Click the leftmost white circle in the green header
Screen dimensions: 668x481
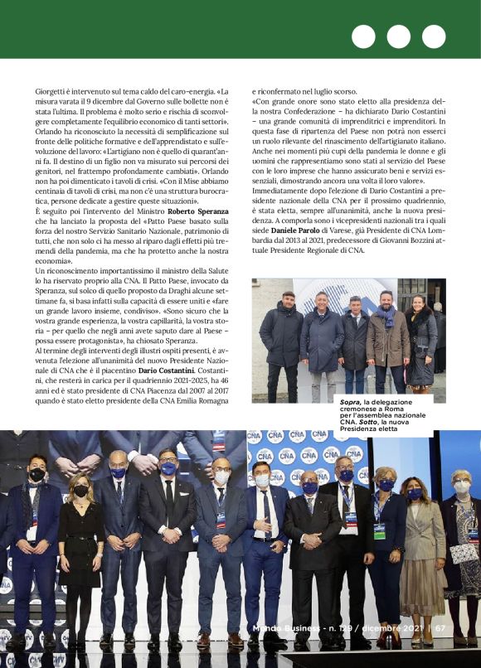(363, 37)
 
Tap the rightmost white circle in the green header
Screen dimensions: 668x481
(434, 37)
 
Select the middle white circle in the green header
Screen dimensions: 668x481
(399, 37)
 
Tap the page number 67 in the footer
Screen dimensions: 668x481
(440, 627)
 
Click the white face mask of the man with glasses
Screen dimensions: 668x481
(221, 477)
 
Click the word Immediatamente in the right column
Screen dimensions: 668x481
(280, 191)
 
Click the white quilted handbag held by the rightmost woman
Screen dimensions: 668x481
(463, 551)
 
